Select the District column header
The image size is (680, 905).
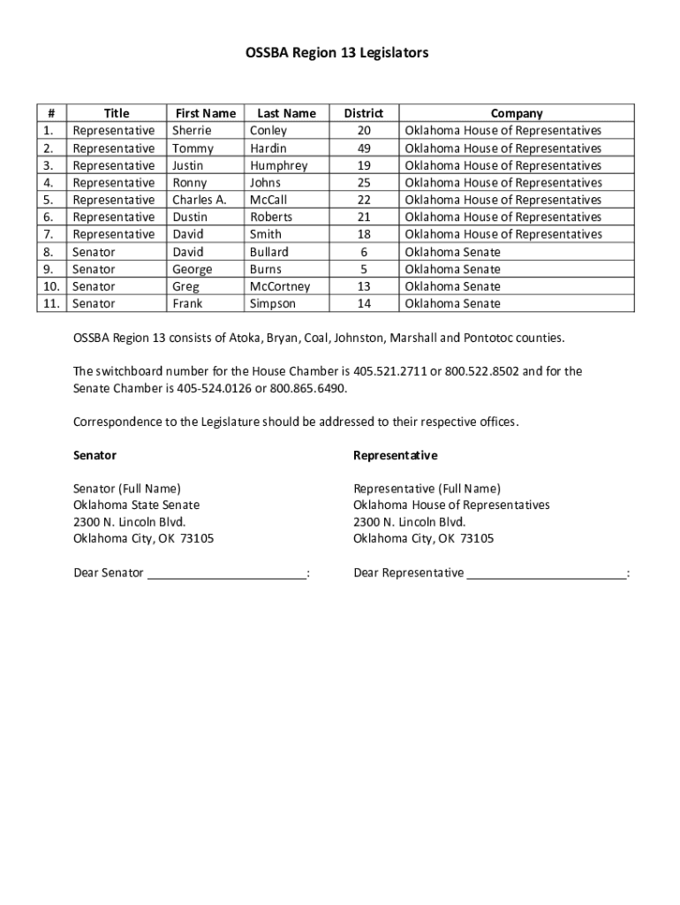point(363,113)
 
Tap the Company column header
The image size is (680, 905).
point(517,113)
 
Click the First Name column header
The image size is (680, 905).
point(205,113)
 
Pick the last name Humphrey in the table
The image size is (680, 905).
point(278,165)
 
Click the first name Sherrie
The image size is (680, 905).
point(192,131)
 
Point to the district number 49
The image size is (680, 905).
point(364,148)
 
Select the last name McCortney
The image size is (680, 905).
point(280,286)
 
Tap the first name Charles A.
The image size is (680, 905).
point(199,200)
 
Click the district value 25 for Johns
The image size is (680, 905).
point(364,183)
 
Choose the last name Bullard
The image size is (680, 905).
point(268,252)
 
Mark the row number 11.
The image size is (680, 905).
point(52,304)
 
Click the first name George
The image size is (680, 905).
point(192,270)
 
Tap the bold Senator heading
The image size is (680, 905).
point(94,456)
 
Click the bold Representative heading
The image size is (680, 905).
point(395,456)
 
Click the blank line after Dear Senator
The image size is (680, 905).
point(226,574)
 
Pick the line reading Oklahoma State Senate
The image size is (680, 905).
point(136,506)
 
